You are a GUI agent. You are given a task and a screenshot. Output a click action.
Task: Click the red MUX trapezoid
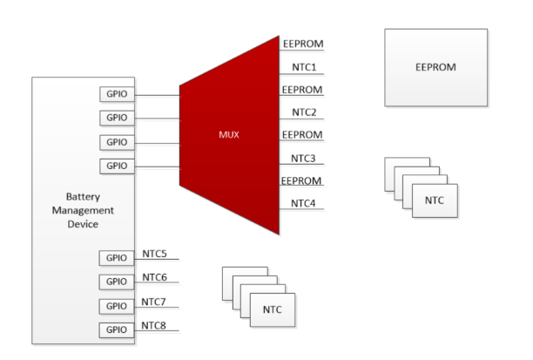[228, 135]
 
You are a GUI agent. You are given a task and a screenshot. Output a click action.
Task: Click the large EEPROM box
[435, 67]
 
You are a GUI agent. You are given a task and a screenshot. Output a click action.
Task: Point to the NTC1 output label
[303, 66]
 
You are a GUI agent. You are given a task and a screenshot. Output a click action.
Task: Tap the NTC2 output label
[303, 112]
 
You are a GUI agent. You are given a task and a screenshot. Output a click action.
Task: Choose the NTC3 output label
[303, 158]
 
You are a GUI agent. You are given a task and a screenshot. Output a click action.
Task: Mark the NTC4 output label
[303, 203]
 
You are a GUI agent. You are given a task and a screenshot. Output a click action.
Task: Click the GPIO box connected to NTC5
[117, 257]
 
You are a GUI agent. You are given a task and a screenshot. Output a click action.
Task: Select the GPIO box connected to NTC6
[117, 282]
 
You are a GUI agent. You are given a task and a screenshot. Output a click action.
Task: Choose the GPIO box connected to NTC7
[117, 306]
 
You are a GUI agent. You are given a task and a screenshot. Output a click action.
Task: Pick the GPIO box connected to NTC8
[117, 329]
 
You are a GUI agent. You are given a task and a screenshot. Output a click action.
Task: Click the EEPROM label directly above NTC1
[302, 43]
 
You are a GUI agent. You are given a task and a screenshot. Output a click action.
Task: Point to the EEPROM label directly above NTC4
[302, 180]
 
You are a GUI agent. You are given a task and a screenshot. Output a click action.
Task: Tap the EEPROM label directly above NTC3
[302, 135]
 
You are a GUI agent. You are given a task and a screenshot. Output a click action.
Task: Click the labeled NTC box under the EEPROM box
[435, 200]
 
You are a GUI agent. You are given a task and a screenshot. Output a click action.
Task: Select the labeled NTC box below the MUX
[273, 309]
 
